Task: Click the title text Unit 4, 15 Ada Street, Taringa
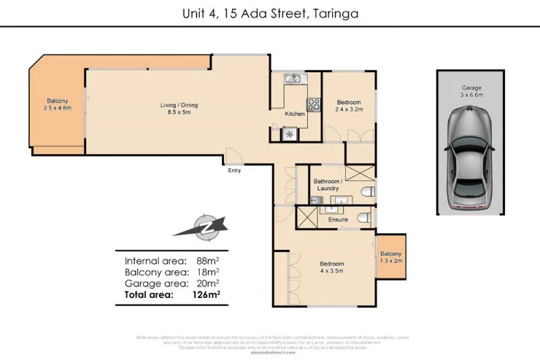click(270, 12)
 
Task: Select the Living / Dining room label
click(179, 109)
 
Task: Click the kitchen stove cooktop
click(314, 105)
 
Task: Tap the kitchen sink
click(294, 80)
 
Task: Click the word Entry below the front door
click(234, 170)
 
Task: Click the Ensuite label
click(338, 220)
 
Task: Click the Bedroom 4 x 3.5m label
click(331, 267)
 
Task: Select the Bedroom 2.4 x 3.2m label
click(350, 105)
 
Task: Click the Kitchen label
click(294, 113)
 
